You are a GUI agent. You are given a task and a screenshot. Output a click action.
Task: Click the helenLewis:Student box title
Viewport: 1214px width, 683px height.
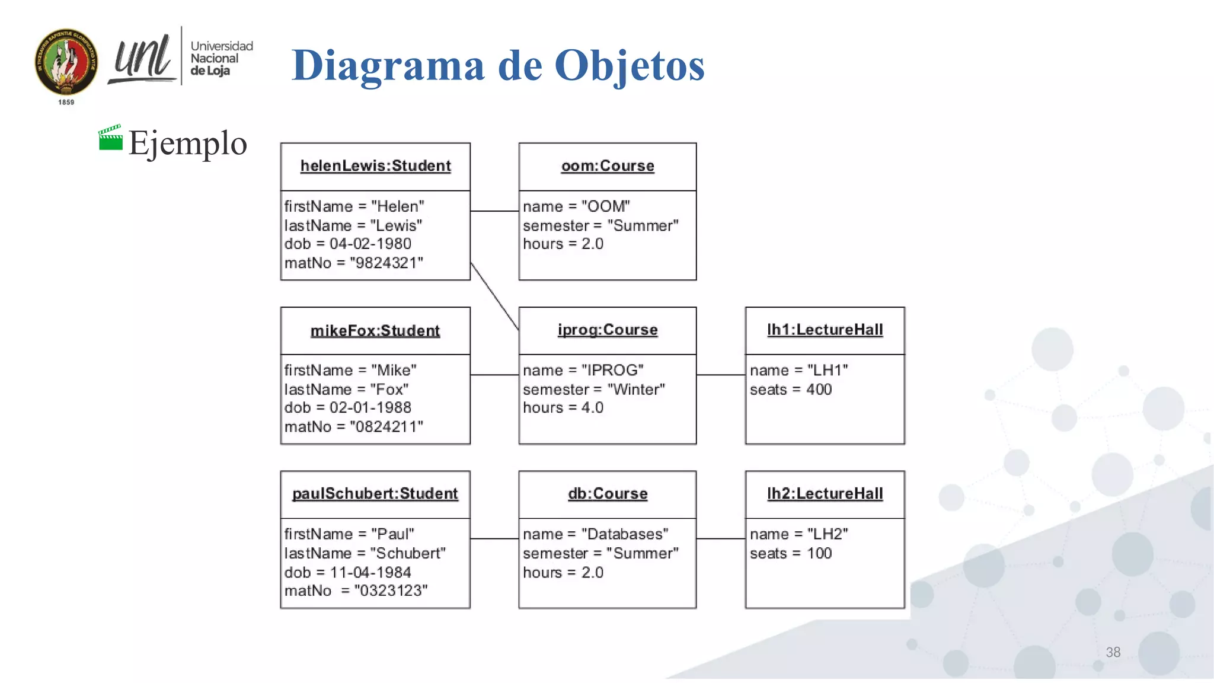[x=375, y=166]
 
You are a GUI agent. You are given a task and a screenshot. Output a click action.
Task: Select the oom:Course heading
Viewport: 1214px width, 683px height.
[x=608, y=166]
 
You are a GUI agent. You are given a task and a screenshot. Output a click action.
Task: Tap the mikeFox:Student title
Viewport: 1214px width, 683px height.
[x=375, y=330]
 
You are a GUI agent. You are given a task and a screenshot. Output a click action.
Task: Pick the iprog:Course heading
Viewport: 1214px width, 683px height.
[x=608, y=330]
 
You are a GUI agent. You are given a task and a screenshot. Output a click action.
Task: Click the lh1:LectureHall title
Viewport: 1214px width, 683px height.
[x=825, y=330]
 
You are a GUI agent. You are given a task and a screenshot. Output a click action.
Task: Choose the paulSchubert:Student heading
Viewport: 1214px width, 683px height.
[x=375, y=493]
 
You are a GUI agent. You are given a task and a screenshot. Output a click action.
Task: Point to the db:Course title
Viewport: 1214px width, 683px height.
[x=608, y=493]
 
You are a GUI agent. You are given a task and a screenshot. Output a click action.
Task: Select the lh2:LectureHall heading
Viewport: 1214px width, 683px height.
[x=825, y=493]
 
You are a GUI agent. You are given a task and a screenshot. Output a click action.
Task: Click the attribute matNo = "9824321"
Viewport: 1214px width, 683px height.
[x=354, y=263]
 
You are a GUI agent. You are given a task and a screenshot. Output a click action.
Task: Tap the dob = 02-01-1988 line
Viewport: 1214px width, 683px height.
[x=348, y=407]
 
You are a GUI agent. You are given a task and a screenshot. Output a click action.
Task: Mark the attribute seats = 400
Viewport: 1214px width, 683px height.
[x=791, y=390]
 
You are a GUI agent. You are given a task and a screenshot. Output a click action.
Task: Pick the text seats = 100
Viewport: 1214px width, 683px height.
[x=791, y=553]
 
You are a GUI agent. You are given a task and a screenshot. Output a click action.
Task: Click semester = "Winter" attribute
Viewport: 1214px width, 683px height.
[x=594, y=390]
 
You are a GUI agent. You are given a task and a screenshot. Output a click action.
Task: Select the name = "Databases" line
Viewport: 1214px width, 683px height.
[x=596, y=534]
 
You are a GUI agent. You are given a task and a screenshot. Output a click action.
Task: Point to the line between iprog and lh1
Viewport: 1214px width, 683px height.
[x=721, y=375]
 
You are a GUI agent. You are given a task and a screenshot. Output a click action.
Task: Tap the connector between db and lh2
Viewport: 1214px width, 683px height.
[x=721, y=538]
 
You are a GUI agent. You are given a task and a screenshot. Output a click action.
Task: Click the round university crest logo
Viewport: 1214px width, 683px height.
[x=66, y=62]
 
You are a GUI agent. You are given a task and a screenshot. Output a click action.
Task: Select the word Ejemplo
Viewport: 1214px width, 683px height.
[x=187, y=143]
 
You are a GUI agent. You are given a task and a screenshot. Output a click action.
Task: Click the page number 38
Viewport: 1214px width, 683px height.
[x=1113, y=652]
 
